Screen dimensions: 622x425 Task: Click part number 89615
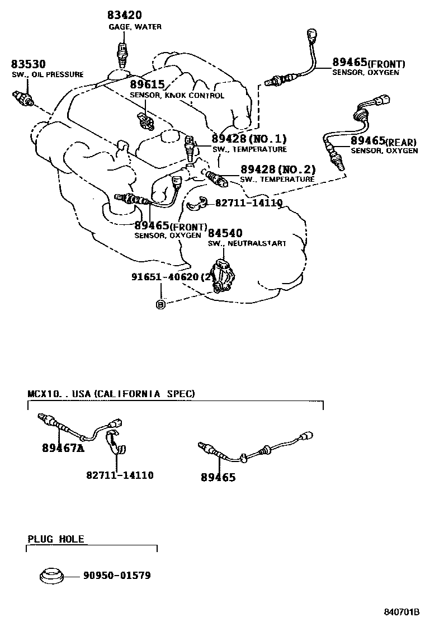pyautogui.click(x=147, y=84)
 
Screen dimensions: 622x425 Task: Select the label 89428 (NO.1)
pyautogui.click(x=249, y=139)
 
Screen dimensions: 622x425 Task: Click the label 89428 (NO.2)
pyautogui.click(x=278, y=169)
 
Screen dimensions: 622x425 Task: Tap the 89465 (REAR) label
pyautogui.click(x=384, y=141)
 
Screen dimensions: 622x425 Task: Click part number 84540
pyautogui.click(x=225, y=233)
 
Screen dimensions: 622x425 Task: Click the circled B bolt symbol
pyautogui.click(x=160, y=304)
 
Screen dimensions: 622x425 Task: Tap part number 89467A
pyautogui.click(x=63, y=448)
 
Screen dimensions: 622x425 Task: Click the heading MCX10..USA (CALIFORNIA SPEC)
pyautogui.click(x=111, y=394)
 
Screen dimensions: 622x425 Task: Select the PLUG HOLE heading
pyautogui.click(x=56, y=539)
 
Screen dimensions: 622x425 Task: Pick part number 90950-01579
pyautogui.click(x=117, y=575)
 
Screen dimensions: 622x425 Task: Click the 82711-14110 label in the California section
pyautogui.click(x=120, y=475)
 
